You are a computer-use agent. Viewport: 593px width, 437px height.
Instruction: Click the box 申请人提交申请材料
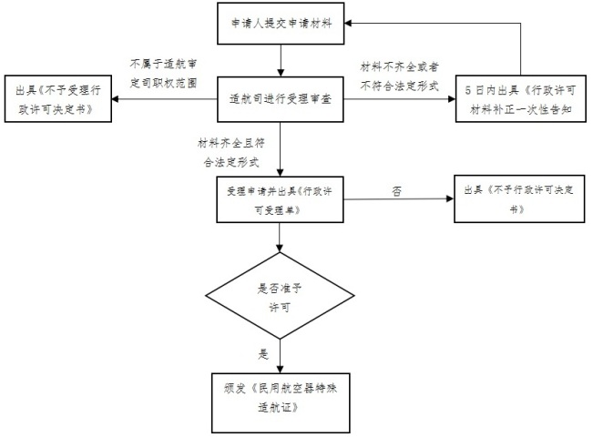click(x=281, y=24)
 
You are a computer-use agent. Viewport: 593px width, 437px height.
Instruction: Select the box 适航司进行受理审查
click(x=281, y=99)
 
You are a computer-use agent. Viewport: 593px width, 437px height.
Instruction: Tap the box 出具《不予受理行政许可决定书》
click(x=58, y=98)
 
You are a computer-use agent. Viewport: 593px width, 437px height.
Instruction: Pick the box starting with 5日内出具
click(x=521, y=98)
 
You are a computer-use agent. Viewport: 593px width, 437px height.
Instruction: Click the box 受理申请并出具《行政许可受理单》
click(x=280, y=199)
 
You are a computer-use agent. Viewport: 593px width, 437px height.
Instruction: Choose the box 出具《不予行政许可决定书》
click(x=519, y=198)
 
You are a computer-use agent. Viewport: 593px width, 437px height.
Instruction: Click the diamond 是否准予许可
click(x=280, y=296)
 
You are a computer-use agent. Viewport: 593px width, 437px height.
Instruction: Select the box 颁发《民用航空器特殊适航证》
click(x=281, y=403)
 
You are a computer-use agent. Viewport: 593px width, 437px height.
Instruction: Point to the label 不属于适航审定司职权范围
click(x=163, y=74)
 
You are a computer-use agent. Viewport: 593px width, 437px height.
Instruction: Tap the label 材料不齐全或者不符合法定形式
click(x=399, y=76)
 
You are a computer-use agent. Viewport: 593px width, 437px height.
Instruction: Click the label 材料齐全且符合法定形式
click(x=231, y=153)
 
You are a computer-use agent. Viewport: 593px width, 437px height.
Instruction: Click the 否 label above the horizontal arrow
click(x=396, y=191)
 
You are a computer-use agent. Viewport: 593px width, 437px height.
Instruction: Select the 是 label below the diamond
click(x=263, y=354)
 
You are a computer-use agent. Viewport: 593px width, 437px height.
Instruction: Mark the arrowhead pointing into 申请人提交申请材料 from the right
click(x=348, y=24)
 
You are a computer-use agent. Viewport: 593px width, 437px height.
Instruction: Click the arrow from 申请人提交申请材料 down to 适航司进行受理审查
click(x=281, y=60)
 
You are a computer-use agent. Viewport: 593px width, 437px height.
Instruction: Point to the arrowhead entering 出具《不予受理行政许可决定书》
click(x=116, y=99)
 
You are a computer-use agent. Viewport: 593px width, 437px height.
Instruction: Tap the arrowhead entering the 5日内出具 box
click(x=452, y=99)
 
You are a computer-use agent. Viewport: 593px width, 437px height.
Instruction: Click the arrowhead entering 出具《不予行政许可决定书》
click(x=450, y=198)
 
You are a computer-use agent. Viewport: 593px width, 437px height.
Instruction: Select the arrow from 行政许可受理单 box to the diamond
click(x=280, y=238)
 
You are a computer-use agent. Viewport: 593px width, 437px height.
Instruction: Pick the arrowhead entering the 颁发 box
click(x=280, y=370)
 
